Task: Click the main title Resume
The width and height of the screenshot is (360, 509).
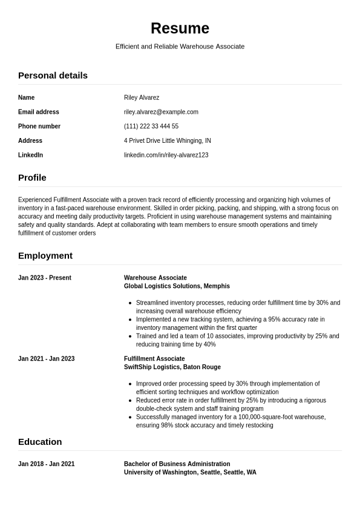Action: click(180, 28)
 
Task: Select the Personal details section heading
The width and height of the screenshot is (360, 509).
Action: click(53, 76)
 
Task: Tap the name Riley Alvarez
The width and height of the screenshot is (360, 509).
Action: click(142, 97)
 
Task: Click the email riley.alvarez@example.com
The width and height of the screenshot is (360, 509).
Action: click(161, 112)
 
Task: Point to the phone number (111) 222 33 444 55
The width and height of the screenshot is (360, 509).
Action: click(151, 126)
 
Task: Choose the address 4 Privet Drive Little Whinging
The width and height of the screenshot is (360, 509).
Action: click(168, 141)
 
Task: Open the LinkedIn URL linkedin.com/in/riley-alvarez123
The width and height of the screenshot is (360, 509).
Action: click(166, 156)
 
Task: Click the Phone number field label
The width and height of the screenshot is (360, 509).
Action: click(39, 126)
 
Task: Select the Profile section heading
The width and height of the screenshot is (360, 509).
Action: click(32, 178)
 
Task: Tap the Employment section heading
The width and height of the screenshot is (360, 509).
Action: click(45, 256)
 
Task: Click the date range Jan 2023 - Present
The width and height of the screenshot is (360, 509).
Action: click(45, 278)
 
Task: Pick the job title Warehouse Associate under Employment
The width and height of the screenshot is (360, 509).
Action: click(155, 278)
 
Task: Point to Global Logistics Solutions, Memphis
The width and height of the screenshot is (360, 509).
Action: click(177, 286)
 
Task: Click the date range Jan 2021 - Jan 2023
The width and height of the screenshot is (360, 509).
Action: click(47, 359)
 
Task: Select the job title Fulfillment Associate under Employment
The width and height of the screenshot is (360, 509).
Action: click(154, 359)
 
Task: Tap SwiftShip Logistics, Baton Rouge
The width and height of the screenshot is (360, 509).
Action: click(172, 367)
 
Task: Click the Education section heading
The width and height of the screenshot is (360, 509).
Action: click(40, 442)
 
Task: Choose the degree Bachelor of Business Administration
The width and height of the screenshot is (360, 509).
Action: click(177, 464)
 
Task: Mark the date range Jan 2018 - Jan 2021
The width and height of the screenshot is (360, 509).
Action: click(47, 464)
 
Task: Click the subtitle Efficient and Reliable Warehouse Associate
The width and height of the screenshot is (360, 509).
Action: click(180, 47)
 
